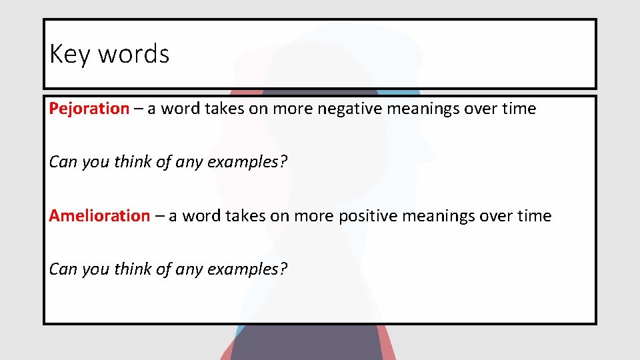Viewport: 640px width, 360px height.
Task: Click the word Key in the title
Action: (70, 53)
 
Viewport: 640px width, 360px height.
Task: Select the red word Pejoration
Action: (89, 109)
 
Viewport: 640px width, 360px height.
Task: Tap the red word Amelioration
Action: (99, 216)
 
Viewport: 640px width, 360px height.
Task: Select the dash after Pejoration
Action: (138, 109)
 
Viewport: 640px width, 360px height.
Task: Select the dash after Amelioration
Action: (159, 216)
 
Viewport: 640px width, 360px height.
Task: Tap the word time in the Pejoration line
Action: (519, 109)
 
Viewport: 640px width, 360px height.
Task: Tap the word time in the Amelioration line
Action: (535, 216)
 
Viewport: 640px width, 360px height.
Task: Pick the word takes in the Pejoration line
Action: (224, 109)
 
